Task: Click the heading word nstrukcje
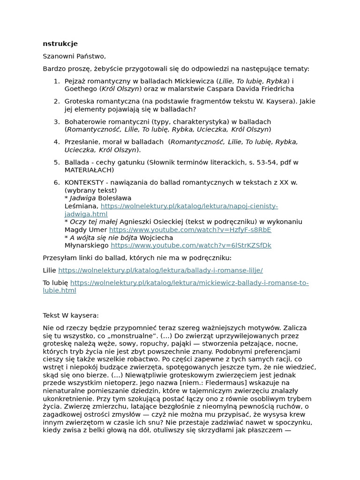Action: click(x=60, y=44)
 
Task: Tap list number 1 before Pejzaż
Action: click(x=56, y=81)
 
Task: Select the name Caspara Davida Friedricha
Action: click(x=253, y=89)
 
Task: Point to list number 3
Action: click(x=56, y=121)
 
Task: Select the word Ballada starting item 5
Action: click(x=77, y=162)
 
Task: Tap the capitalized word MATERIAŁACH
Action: click(x=89, y=170)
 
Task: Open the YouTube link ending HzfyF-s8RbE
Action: click(x=190, y=230)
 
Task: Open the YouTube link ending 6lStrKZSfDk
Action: click(x=191, y=245)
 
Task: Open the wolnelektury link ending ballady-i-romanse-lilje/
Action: click(x=160, y=270)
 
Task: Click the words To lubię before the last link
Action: click(x=55, y=283)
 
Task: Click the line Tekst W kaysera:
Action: click(x=71, y=315)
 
